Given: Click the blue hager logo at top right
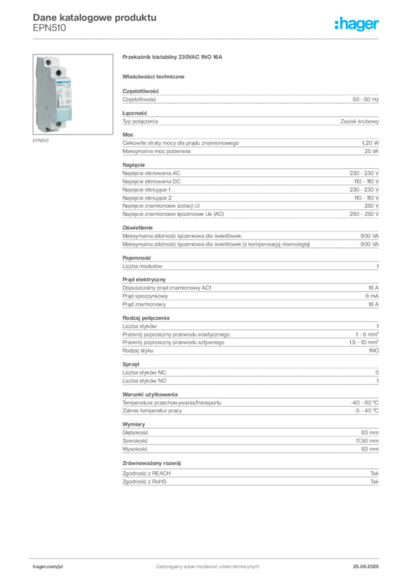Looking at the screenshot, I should (x=357, y=25).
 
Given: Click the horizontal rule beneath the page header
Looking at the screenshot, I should (x=207, y=38).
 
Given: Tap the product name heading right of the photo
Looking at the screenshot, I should (x=174, y=58).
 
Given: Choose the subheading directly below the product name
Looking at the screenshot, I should (x=156, y=75).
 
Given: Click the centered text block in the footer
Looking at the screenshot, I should (x=207, y=563).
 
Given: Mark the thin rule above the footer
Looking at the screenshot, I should (x=207, y=557).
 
